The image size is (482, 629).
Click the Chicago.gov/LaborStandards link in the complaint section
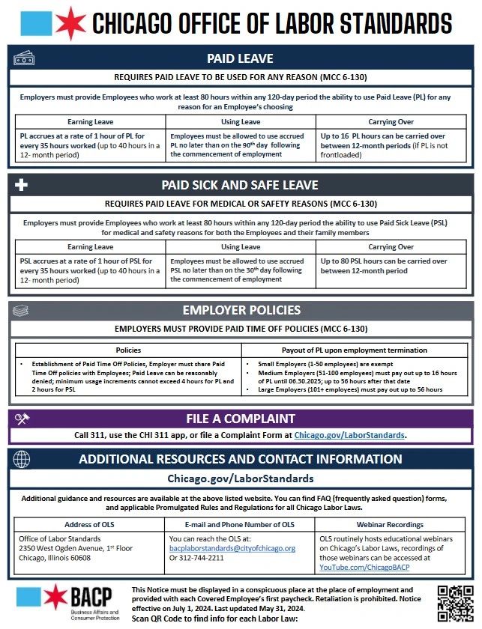click(350, 434)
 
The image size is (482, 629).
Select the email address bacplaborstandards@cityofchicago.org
click(232, 548)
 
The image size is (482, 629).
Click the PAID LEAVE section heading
click(240, 58)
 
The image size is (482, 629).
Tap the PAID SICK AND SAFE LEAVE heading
click(240, 185)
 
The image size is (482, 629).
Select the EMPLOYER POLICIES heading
click(240, 310)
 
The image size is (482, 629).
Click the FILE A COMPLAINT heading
click(241, 419)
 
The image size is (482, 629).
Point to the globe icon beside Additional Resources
click(22, 459)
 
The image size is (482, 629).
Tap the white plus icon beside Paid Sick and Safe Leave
click(22, 185)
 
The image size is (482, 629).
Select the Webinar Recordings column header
click(390, 525)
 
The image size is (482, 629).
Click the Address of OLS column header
click(88, 525)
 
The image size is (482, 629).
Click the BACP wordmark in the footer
click(91, 597)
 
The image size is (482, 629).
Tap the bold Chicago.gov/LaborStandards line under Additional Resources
click(240, 478)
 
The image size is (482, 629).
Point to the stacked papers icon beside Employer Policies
click(22, 310)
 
